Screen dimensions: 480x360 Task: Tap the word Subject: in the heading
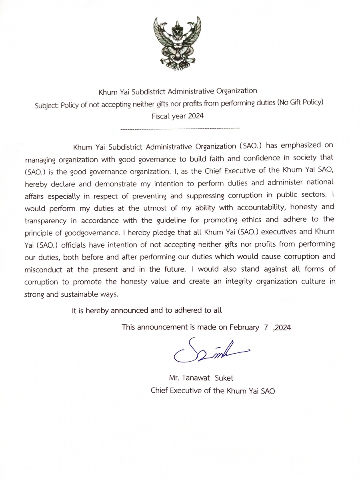tap(48, 103)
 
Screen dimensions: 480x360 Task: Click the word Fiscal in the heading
tap(160, 116)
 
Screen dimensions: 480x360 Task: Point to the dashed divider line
tap(180, 128)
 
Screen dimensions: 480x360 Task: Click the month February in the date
tap(244, 327)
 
